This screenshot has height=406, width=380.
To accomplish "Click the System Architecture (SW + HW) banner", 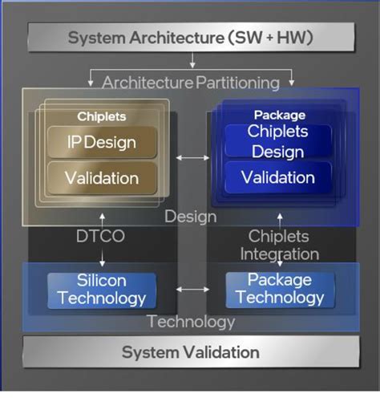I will pos(191,37).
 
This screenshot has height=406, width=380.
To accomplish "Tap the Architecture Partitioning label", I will pos(191,82).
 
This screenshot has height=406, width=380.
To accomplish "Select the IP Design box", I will pos(101,143).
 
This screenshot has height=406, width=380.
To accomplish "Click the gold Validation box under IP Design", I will pos(101,177).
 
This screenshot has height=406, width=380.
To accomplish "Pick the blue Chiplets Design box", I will pos(276,141).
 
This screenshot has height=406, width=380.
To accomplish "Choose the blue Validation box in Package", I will pos(277,177).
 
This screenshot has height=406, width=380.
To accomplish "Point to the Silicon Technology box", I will pos(101,289).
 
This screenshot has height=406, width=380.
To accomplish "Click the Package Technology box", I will pos(279,289).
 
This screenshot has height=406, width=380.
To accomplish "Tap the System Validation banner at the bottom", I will pos(190,352).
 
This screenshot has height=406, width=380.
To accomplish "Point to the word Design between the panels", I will pos(191,217).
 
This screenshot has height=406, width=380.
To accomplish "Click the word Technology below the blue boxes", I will pos(191,323).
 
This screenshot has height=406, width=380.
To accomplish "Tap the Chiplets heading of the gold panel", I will pos(102,116).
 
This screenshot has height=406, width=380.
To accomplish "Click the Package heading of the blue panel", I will pos(280,115).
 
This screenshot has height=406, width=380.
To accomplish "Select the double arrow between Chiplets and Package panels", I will pos(192,157).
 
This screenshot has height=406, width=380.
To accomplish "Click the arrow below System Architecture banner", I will pos(192,61).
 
